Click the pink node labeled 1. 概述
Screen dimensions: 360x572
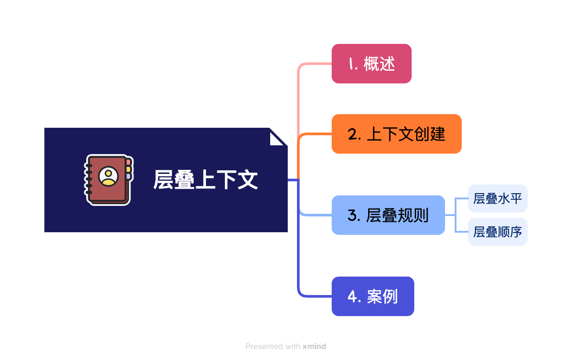point(371,64)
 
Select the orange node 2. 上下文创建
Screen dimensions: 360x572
point(396,134)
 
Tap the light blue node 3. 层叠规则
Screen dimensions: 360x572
point(388,215)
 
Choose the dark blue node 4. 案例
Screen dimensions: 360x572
point(373,296)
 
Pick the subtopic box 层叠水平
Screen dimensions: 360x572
point(497,198)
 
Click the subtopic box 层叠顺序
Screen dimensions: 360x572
point(497,232)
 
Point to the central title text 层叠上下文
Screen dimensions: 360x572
point(205,180)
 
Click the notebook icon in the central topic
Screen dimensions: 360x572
point(108,180)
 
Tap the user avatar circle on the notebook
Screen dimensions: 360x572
point(108,176)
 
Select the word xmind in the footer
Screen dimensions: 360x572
point(314,346)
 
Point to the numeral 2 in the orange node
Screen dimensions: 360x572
point(352,134)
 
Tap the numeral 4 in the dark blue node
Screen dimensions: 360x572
point(352,297)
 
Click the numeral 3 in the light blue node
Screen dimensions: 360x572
point(352,216)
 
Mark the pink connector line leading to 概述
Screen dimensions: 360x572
point(298,97)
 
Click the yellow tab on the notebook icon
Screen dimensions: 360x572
point(128,169)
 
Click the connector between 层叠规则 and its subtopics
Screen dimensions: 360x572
point(455,215)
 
